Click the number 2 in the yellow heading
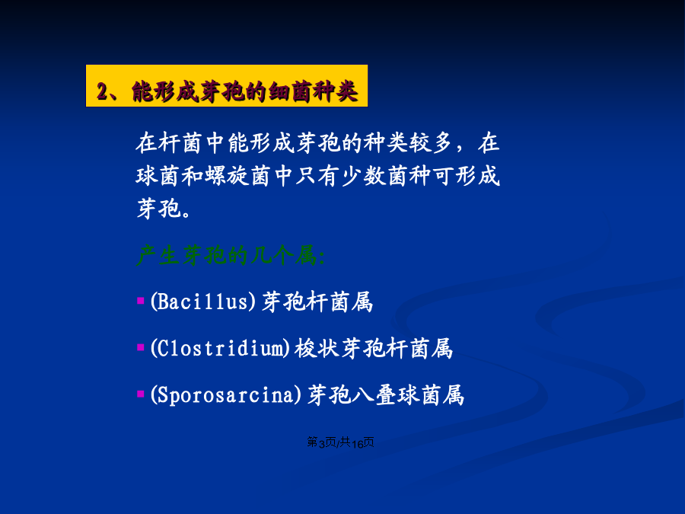102,92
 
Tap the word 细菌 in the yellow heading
290,92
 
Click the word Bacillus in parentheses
202,302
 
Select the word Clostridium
220,348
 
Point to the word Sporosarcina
226,395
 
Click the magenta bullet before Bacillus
140,301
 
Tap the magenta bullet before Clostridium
140,347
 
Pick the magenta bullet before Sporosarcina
140,394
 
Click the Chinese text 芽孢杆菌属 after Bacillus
317,302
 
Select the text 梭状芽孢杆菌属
374,348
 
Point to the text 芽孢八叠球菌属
386,395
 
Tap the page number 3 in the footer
321,443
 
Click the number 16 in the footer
357,443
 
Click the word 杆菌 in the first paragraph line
180,143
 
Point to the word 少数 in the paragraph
362,176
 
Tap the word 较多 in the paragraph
430,143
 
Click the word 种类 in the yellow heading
335,92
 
